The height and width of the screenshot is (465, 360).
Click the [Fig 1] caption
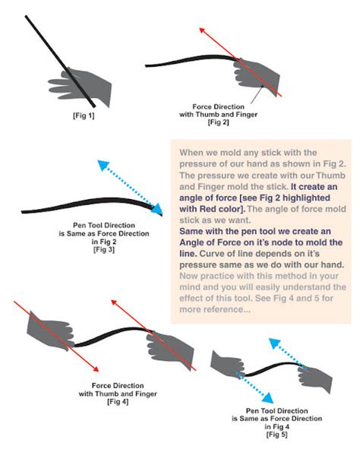[x=84, y=115]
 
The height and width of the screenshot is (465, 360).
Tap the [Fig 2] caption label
[x=218, y=122]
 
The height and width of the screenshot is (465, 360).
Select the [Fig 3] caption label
[x=104, y=249]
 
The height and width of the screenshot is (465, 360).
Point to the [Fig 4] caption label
[x=118, y=402]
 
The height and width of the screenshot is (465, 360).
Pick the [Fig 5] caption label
[x=276, y=435]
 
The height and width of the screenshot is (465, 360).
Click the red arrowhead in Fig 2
[x=202, y=30]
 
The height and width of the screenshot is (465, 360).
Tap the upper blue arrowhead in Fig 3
[x=103, y=165]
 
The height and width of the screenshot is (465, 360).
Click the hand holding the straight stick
[x=81, y=87]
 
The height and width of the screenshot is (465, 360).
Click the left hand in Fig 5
[x=227, y=363]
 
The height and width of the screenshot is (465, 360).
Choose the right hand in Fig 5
[x=315, y=378]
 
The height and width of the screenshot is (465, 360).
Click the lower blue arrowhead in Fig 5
[x=268, y=398]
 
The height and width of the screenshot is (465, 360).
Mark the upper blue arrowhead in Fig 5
[x=274, y=343]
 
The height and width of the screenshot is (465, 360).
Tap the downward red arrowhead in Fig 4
[x=96, y=369]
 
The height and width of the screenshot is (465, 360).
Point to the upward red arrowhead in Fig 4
[x=114, y=302]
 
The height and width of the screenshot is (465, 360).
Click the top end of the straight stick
[x=26, y=17]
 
